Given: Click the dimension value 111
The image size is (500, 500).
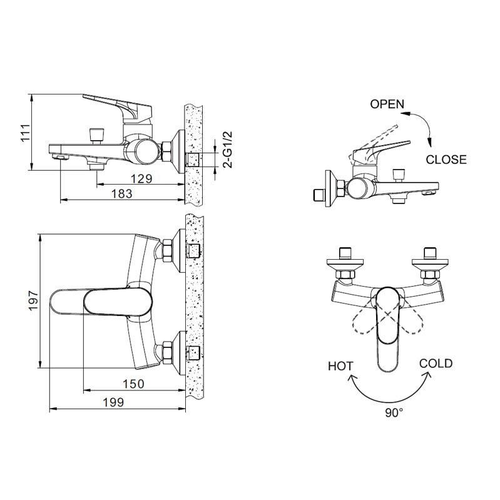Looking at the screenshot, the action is pos(25,132).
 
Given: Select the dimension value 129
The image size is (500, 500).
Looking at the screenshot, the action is pos(141,179).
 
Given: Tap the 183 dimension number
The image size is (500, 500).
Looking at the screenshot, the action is pos(122,194).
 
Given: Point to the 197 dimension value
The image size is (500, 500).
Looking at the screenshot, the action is pos(33,300).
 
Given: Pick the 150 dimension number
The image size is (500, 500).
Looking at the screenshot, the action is pos(134,384).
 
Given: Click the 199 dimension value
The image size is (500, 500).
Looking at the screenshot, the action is pos(113,402).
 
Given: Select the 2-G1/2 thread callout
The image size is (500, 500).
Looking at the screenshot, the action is pos(228,150).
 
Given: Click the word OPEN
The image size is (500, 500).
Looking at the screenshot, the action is pos(387,104).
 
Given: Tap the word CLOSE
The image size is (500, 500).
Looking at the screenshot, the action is pos(446,160).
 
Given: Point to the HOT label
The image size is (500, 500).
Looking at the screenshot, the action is pos(340,366).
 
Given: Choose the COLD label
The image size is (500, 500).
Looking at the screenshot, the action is pos(436,364).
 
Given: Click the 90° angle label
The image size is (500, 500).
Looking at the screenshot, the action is pos(394,412).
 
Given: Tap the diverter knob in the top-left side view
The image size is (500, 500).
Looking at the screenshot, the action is pos(96,135).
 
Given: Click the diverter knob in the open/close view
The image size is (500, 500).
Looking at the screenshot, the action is pos(399,175).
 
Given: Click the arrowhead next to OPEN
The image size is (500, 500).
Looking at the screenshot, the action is pos(406,113).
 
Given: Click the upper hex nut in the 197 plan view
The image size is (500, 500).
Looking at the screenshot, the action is pos(168,250).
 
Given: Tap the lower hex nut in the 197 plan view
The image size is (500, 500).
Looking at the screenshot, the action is pos(168,352).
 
